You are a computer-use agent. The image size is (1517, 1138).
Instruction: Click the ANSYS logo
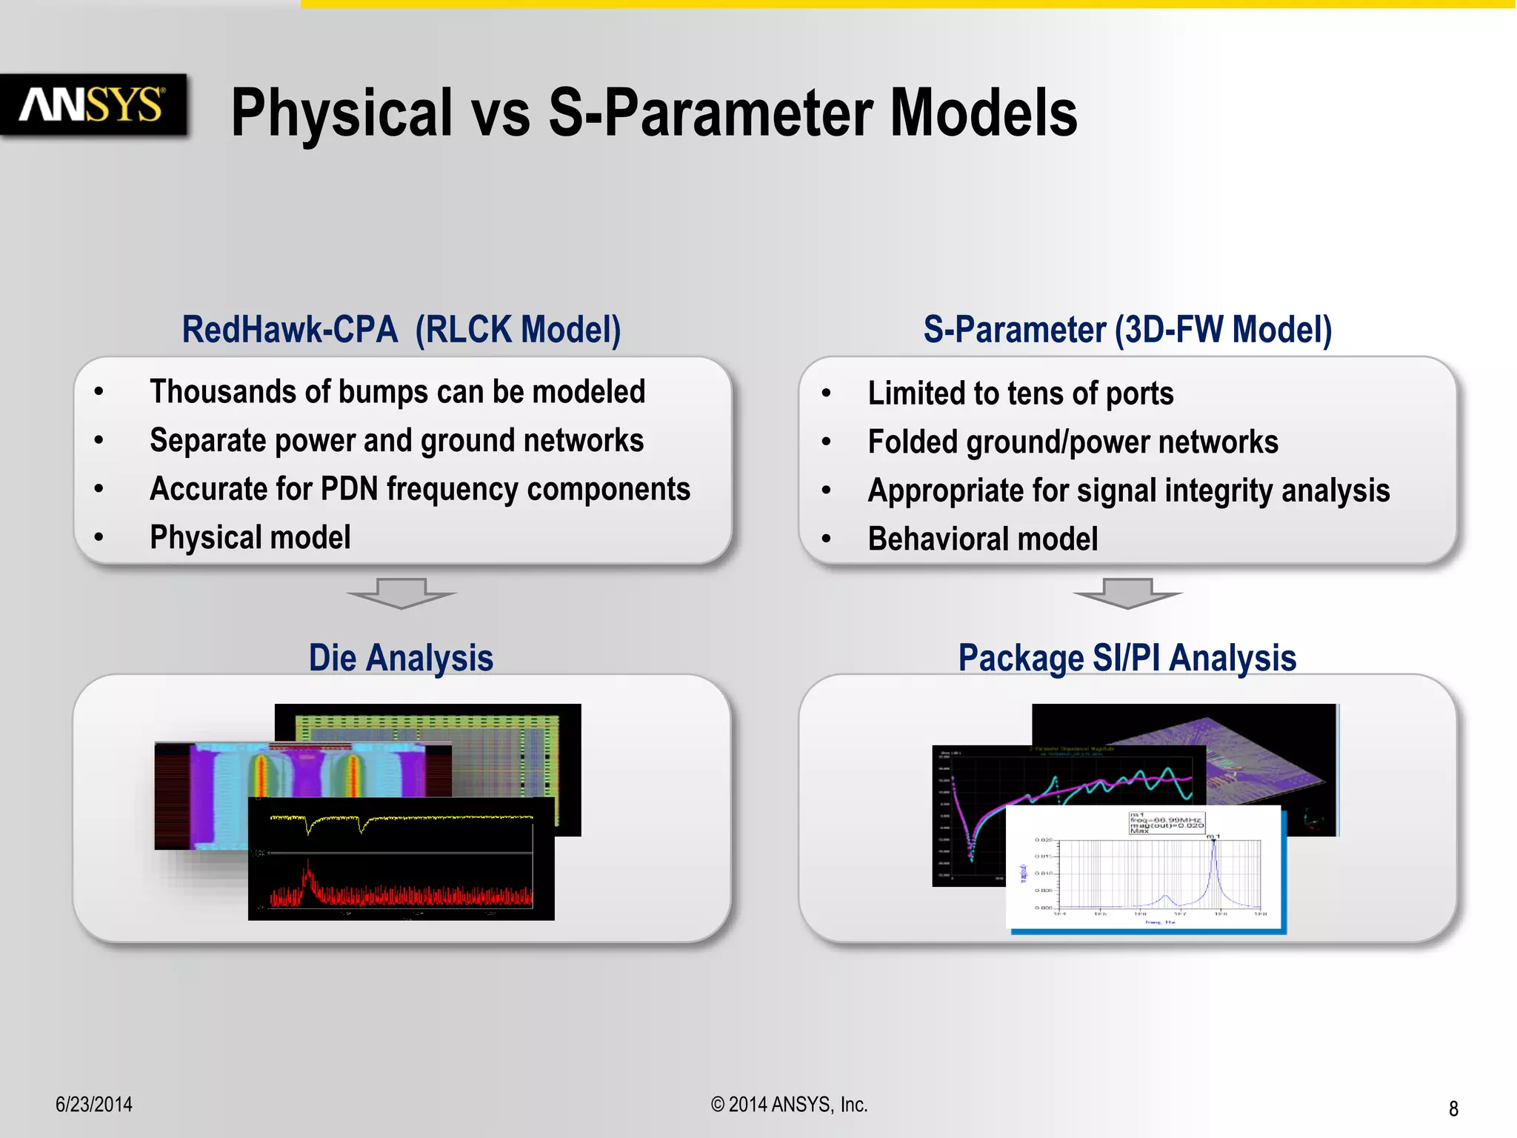[93, 104]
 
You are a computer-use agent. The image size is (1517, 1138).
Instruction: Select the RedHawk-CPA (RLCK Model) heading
[401, 330]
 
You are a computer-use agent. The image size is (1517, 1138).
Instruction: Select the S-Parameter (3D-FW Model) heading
[1127, 330]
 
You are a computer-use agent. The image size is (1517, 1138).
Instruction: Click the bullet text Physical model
[250, 537]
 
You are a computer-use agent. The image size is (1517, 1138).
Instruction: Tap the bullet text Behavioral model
[982, 539]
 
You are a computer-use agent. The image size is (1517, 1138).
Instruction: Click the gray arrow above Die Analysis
[401, 593]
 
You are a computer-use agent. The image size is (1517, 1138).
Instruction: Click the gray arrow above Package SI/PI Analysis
[1127, 593]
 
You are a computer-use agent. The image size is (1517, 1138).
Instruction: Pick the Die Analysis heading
[401, 658]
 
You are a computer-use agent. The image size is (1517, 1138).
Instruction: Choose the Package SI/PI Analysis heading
[1127, 658]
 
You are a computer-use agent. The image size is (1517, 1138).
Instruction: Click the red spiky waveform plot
[400, 893]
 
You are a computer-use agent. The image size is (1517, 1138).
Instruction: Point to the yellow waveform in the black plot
[400, 819]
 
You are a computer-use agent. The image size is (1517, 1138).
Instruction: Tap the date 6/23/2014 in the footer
[94, 1104]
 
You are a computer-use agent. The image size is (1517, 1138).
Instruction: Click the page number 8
[1453, 1108]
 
